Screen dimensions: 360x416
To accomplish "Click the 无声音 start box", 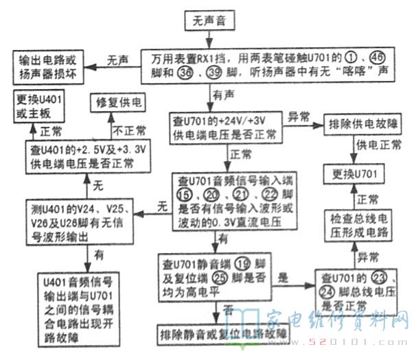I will pos(209,22).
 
